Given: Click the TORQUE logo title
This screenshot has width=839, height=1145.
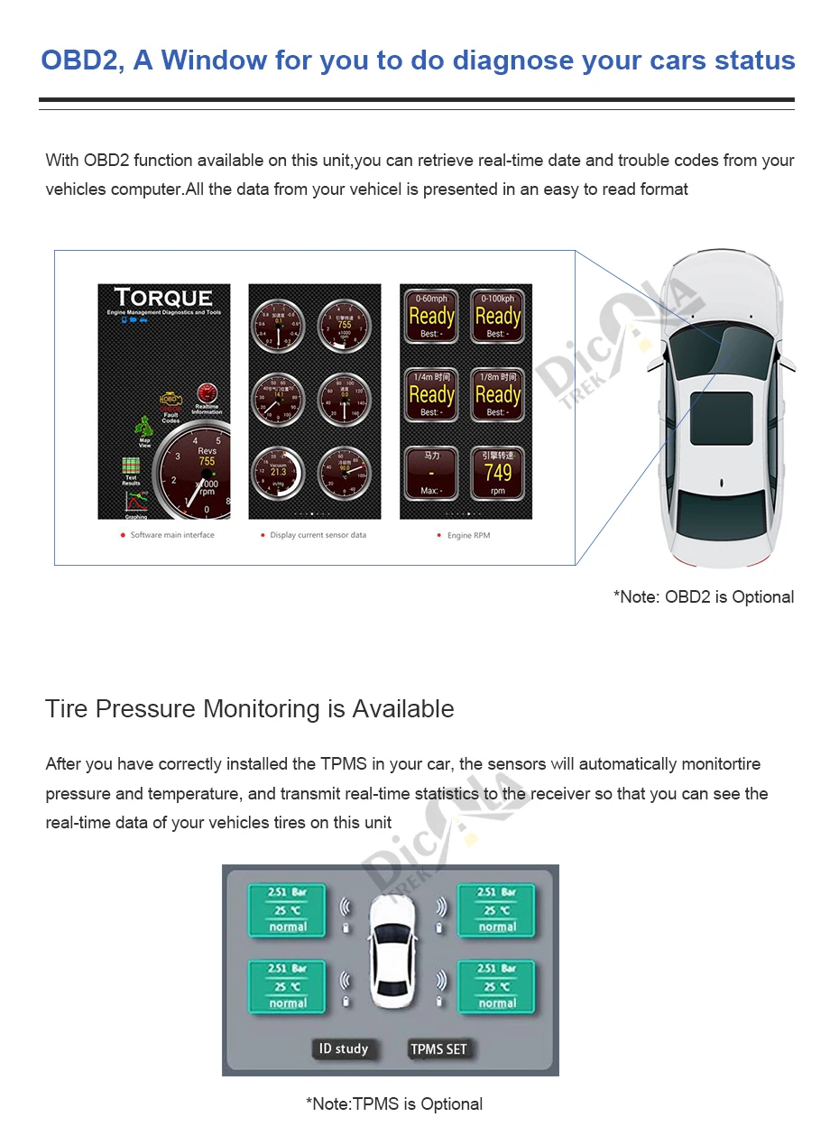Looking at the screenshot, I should (163, 298).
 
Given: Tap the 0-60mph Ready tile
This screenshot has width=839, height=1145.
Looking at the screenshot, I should (431, 317).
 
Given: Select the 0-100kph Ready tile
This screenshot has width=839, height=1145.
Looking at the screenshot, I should (497, 317).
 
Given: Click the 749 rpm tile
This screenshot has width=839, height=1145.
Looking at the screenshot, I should (497, 473).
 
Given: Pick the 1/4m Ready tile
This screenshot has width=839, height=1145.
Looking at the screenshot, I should (431, 394).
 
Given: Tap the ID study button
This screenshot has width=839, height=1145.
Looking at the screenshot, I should (343, 1048).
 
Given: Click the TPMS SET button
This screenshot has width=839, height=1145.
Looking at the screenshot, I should (438, 1048).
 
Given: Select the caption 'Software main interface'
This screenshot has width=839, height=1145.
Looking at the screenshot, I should (172, 535).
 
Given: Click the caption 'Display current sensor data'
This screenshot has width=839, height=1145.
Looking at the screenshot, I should (318, 535).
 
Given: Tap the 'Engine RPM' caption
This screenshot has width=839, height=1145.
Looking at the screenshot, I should (468, 535).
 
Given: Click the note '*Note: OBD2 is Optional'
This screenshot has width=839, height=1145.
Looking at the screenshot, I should (704, 596).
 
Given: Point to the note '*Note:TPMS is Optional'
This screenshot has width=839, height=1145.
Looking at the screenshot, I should (394, 1103).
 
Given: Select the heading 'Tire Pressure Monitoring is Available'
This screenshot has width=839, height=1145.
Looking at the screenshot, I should (250, 708).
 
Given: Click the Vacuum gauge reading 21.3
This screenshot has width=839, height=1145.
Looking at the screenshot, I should (277, 471).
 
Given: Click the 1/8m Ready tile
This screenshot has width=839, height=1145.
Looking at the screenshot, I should (497, 394).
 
